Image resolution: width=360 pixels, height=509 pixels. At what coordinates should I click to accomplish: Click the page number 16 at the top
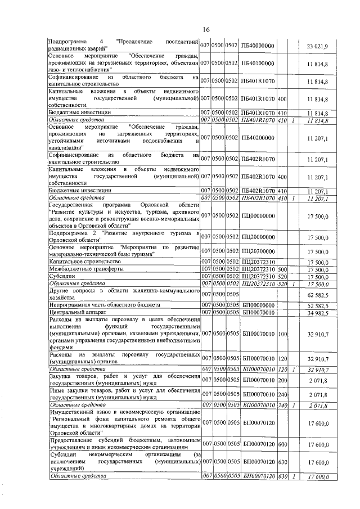point(206,29)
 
